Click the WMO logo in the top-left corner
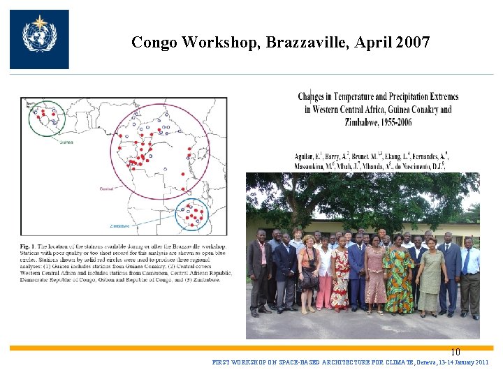[39, 39]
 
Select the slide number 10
[455, 353]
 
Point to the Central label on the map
[107, 188]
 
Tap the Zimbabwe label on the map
[119, 226]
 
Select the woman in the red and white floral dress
[340, 276]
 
